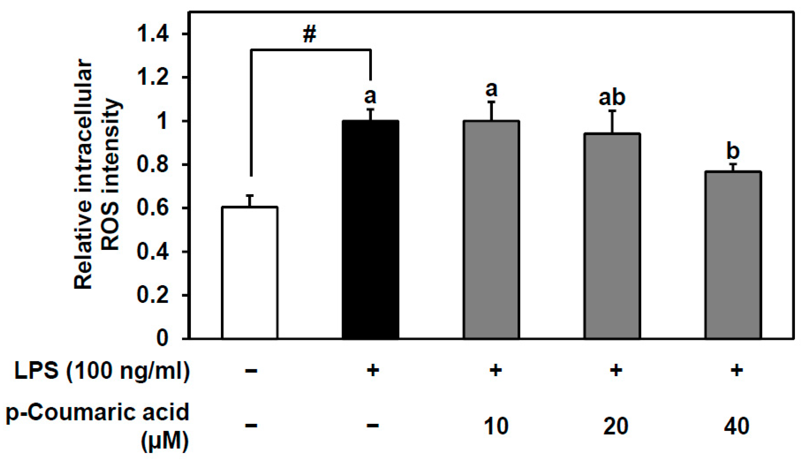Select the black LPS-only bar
point(371,230)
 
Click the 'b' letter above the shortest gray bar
point(733,152)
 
